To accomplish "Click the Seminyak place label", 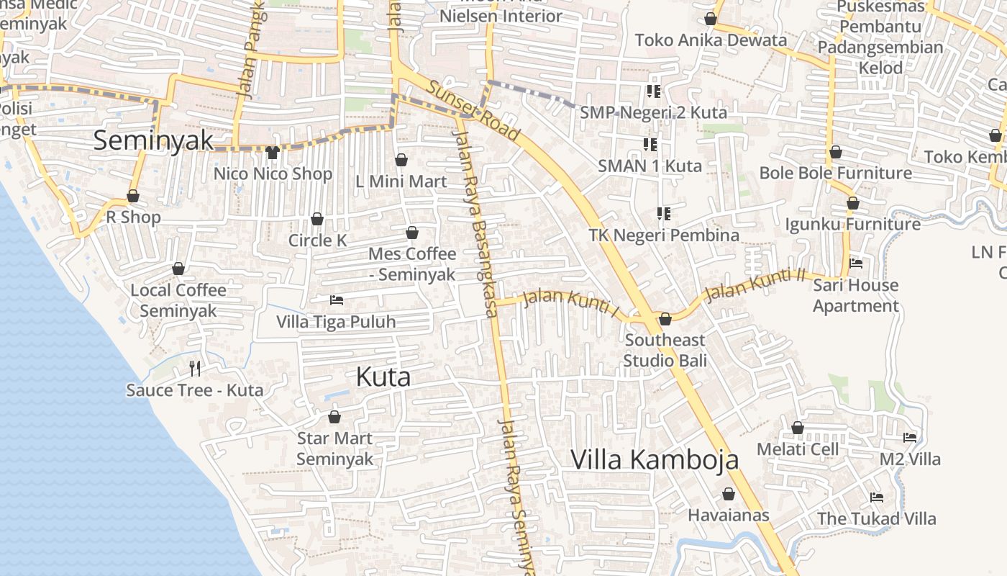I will (154, 140).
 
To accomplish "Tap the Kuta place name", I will (383, 377).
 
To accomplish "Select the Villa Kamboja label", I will (655, 459).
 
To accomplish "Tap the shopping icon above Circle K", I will (317, 219).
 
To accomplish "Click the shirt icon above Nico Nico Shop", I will (272, 152).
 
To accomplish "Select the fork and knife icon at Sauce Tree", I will (194, 369).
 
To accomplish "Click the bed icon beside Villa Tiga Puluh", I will (336, 300).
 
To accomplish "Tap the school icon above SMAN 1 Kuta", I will (650, 145).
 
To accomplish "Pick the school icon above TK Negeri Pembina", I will (663, 214).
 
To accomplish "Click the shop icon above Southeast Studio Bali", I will (665, 318).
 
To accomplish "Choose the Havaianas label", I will (729, 516).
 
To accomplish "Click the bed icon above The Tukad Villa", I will (876, 497).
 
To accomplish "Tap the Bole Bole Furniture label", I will (835, 174).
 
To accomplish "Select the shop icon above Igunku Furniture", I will (852, 204).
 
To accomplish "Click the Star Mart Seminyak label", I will (334, 449).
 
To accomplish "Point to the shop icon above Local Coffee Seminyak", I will (178, 269).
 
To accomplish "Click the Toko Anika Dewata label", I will (711, 40).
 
